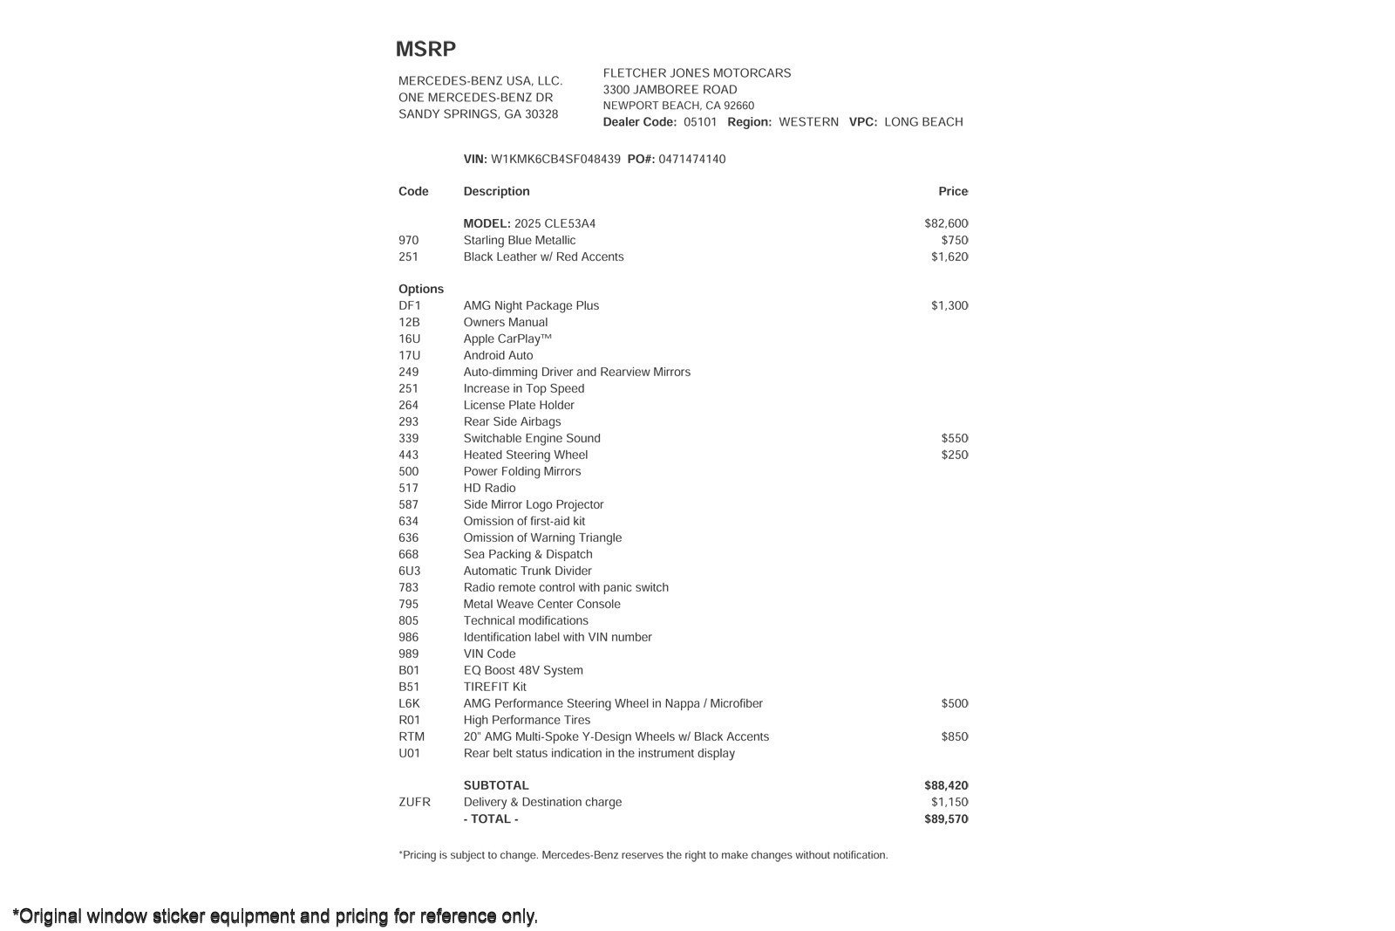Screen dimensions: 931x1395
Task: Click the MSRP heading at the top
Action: coord(425,49)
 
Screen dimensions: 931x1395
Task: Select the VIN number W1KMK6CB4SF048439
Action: coord(555,159)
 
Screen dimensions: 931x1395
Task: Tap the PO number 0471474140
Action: coord(691,159)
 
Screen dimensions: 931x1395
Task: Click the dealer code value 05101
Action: coord(700,122)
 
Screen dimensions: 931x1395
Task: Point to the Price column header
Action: coord(953,191)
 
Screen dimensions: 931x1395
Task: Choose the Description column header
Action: coord(496,191)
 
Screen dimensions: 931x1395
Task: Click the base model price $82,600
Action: coord(946,223)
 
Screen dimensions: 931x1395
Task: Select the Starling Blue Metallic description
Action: coord(520,240)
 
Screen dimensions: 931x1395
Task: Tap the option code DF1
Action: coord(410,305)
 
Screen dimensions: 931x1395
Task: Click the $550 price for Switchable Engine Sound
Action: coord(955,438)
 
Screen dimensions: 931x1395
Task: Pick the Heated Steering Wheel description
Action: coord(526,455)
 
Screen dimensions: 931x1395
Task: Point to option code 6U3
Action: coord(410,571)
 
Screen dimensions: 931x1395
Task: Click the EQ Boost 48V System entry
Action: coord(523,670)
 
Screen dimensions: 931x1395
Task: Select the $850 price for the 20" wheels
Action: coord(955,736)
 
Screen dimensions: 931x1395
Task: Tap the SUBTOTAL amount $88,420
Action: coord(946,785)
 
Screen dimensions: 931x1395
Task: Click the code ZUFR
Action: coord(414,802)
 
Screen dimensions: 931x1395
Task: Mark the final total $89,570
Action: coord(946,818)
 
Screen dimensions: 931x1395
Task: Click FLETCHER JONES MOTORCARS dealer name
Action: coord(697,73)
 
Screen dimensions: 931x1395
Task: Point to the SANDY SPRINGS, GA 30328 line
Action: coord(478,114)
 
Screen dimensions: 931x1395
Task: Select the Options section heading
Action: coord(421,289)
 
